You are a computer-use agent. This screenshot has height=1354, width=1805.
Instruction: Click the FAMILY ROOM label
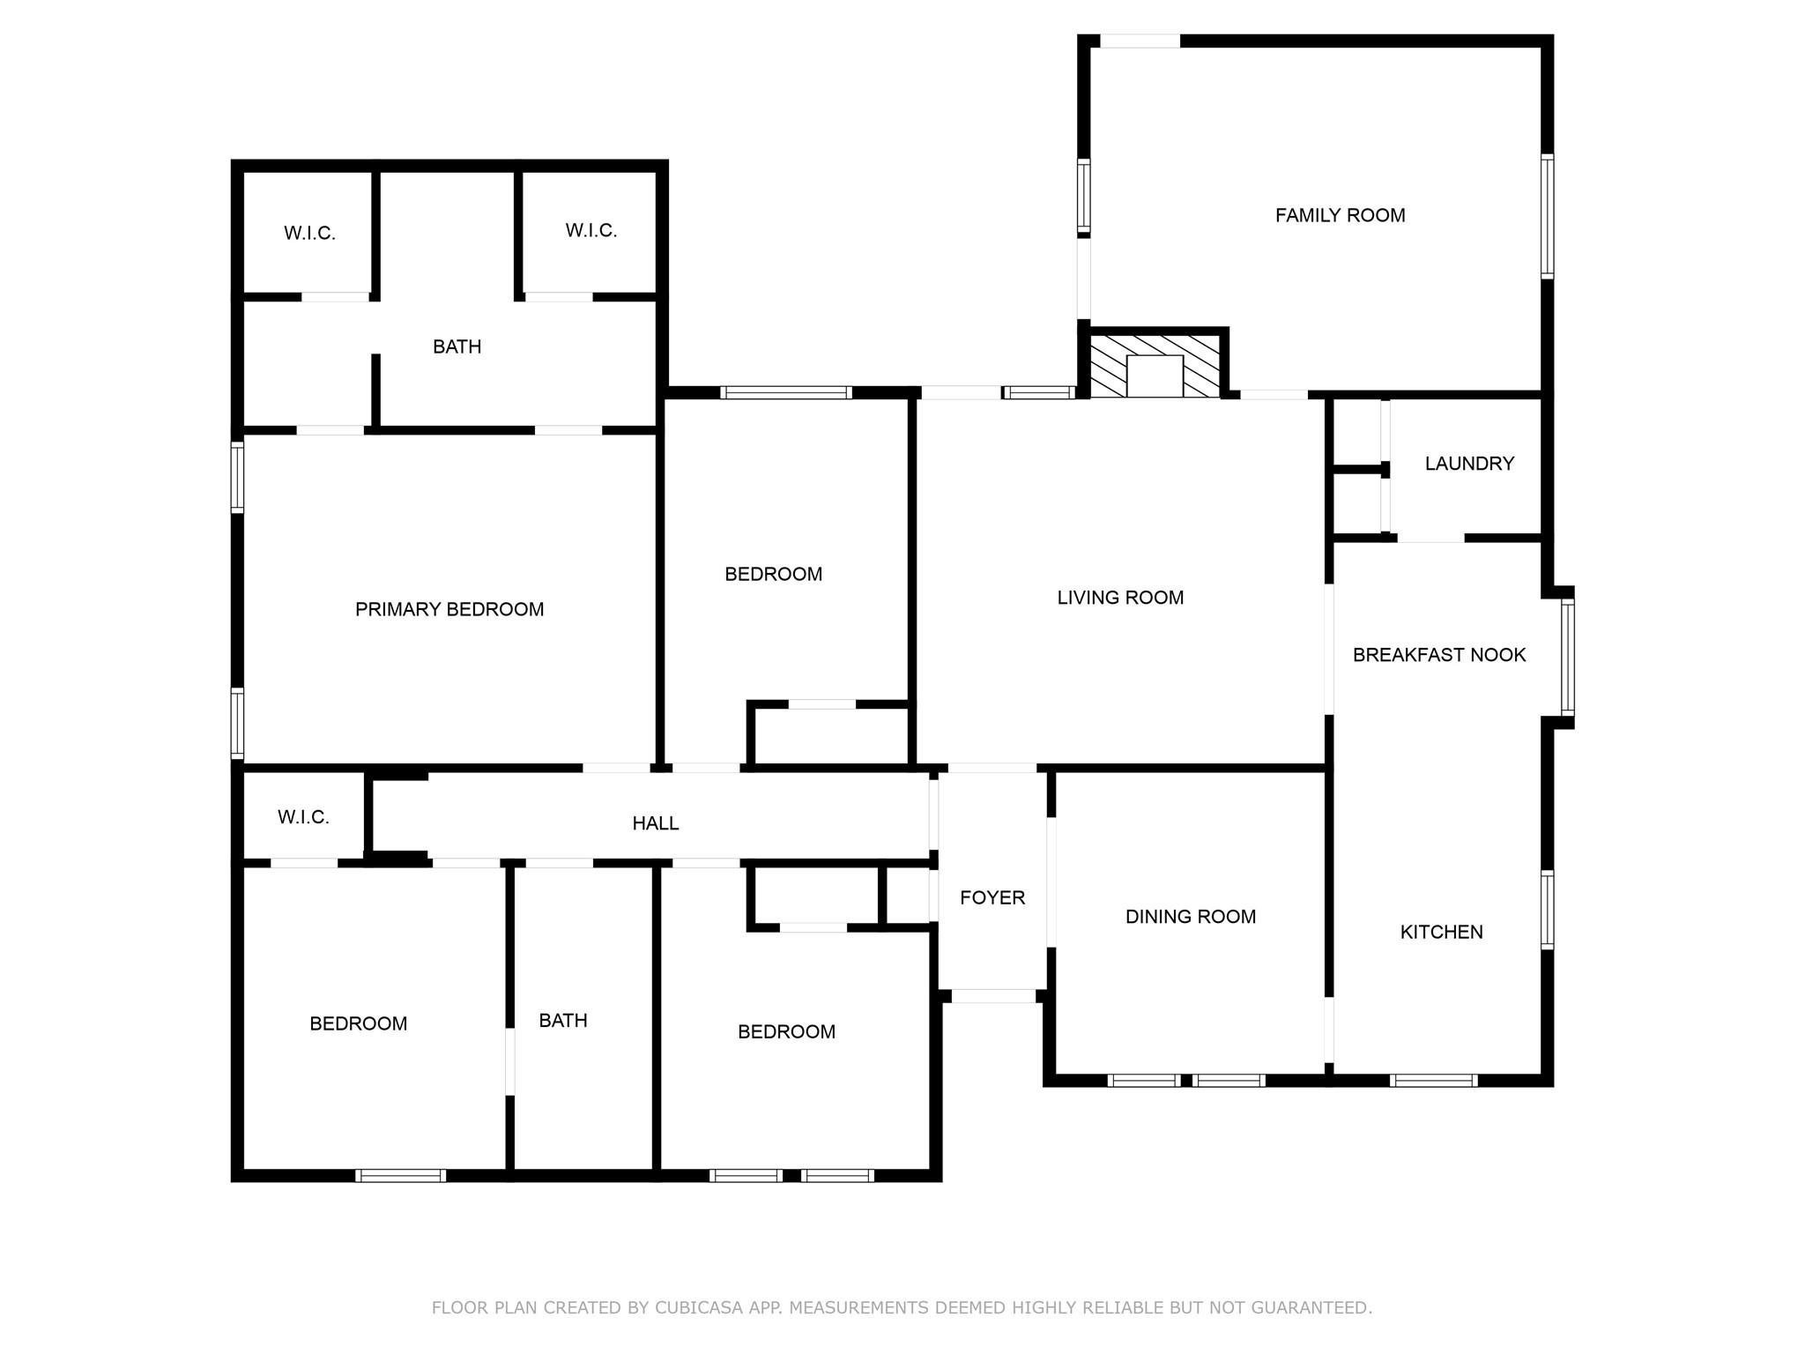tap(1340, 215)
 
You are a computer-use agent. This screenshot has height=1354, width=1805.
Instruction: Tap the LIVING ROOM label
tap(1120, 598)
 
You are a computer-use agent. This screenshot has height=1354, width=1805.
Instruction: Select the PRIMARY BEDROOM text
tap(449, 609)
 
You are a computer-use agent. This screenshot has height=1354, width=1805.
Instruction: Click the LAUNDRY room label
tap(1469, 464)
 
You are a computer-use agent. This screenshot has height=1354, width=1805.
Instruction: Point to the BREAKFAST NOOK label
tap(1439, 655)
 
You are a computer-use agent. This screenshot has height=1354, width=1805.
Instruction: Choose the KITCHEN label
tap(1441, 932)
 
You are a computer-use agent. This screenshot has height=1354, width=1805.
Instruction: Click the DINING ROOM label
tap(1190, 917)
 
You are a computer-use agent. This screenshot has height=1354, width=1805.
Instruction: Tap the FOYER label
tap(992, 897)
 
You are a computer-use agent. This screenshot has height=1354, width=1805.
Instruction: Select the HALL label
tap(656, 823)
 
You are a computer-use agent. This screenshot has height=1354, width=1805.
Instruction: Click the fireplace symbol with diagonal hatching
tap(1155, 365)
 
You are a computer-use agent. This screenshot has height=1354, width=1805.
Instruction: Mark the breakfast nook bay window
tap(1567, 657)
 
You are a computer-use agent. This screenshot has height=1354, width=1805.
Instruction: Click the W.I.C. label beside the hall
tap(303, 817)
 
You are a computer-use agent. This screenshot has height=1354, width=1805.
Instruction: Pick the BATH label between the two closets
tap(457, 347)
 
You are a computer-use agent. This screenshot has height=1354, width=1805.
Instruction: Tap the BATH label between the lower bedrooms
tap(563, 1021)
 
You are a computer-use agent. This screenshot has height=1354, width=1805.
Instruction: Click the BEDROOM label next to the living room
tap(773, 575)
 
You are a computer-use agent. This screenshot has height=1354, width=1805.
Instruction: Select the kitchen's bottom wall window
tap(1433, 1080)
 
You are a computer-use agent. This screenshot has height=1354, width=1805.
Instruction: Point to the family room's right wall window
tap(1547, 216)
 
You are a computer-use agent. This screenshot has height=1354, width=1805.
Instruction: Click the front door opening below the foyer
tap(993, 996)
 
